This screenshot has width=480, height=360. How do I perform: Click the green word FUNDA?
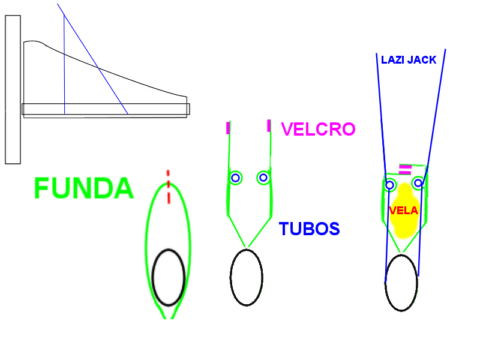(83, 188)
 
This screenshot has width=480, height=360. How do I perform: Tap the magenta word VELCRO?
(318, 129)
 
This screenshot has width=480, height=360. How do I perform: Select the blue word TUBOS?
(309, 229)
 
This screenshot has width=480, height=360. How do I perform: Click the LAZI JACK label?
(409, 60)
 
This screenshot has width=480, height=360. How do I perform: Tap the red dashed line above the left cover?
(169, 186)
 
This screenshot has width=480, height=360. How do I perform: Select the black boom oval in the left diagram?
(168, 277)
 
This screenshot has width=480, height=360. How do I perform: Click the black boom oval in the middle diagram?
(246, 277)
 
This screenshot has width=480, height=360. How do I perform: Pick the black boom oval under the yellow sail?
(401, 283)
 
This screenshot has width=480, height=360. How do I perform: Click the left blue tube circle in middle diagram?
(235, 178)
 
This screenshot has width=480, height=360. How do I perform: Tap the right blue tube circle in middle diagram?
(263, 178)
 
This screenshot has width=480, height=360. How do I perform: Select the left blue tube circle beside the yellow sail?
(389, 185)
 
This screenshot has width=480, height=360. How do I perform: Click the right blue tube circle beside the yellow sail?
(418, 182)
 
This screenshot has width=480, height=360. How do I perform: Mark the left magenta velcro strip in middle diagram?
(228, 127)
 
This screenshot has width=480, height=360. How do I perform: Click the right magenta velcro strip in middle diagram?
(269, 125)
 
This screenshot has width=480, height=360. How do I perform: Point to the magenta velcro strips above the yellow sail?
(406, 169)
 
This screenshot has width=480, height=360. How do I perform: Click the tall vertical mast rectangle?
(13, 90)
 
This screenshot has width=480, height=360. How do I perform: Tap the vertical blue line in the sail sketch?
(64, 66)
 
